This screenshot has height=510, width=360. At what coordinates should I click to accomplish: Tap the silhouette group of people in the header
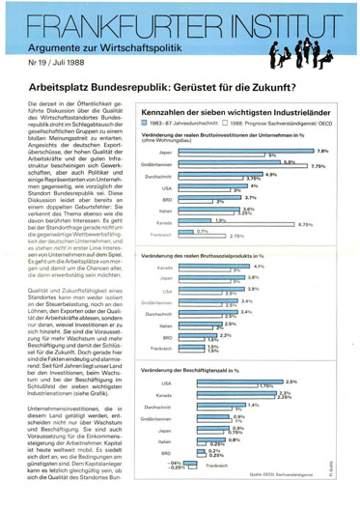pos(307,49)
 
